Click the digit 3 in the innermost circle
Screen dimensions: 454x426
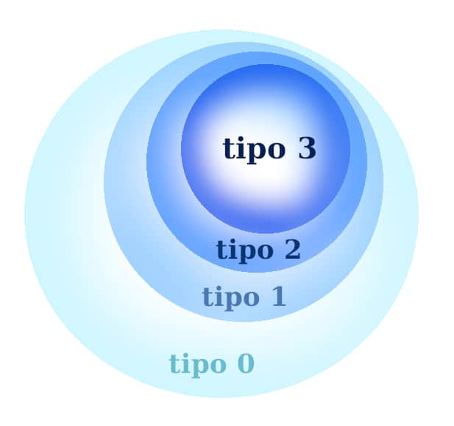point(307,148)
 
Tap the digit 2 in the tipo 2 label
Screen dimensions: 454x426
point(292,249)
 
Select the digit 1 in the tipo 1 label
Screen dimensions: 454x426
point(278,296)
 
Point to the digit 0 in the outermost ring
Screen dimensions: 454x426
point(246,363)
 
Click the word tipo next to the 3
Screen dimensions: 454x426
point(254,150)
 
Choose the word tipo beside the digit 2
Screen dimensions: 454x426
point(244,250)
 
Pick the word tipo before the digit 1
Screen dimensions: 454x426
point(230,298)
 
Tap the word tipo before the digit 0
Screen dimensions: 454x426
point(197,365)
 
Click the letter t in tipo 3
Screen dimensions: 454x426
point(230,148)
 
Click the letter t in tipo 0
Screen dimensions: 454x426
point(175,364)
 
